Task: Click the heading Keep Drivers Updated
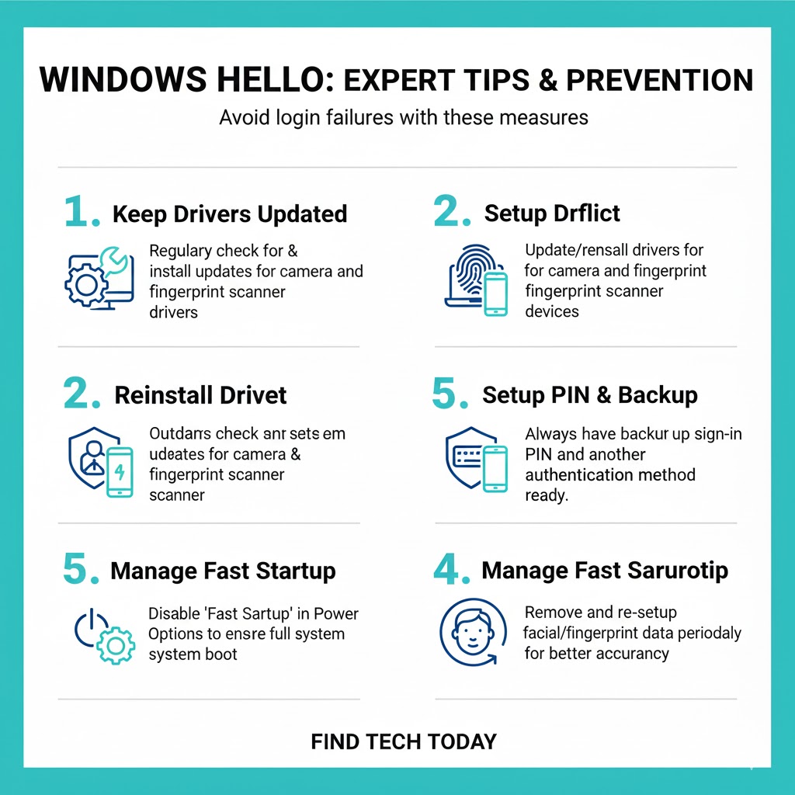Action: (x=229, y=214)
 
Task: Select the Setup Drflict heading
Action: (x=552, y=214)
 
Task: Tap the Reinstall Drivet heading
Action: (x=200, y=394)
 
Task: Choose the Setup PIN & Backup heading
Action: (x=589, y=394)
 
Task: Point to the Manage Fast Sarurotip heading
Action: (x=605, y=571)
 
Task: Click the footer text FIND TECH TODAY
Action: (x=403, y=741)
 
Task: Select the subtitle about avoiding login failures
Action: (x=403, y=118)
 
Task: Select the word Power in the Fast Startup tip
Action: (x=335, y=613)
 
